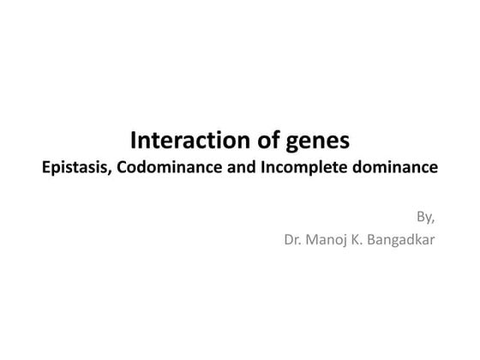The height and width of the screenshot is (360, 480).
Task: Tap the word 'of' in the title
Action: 257,140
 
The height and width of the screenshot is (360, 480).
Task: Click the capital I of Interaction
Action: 132,140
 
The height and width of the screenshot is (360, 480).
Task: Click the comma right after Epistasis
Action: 109,171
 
